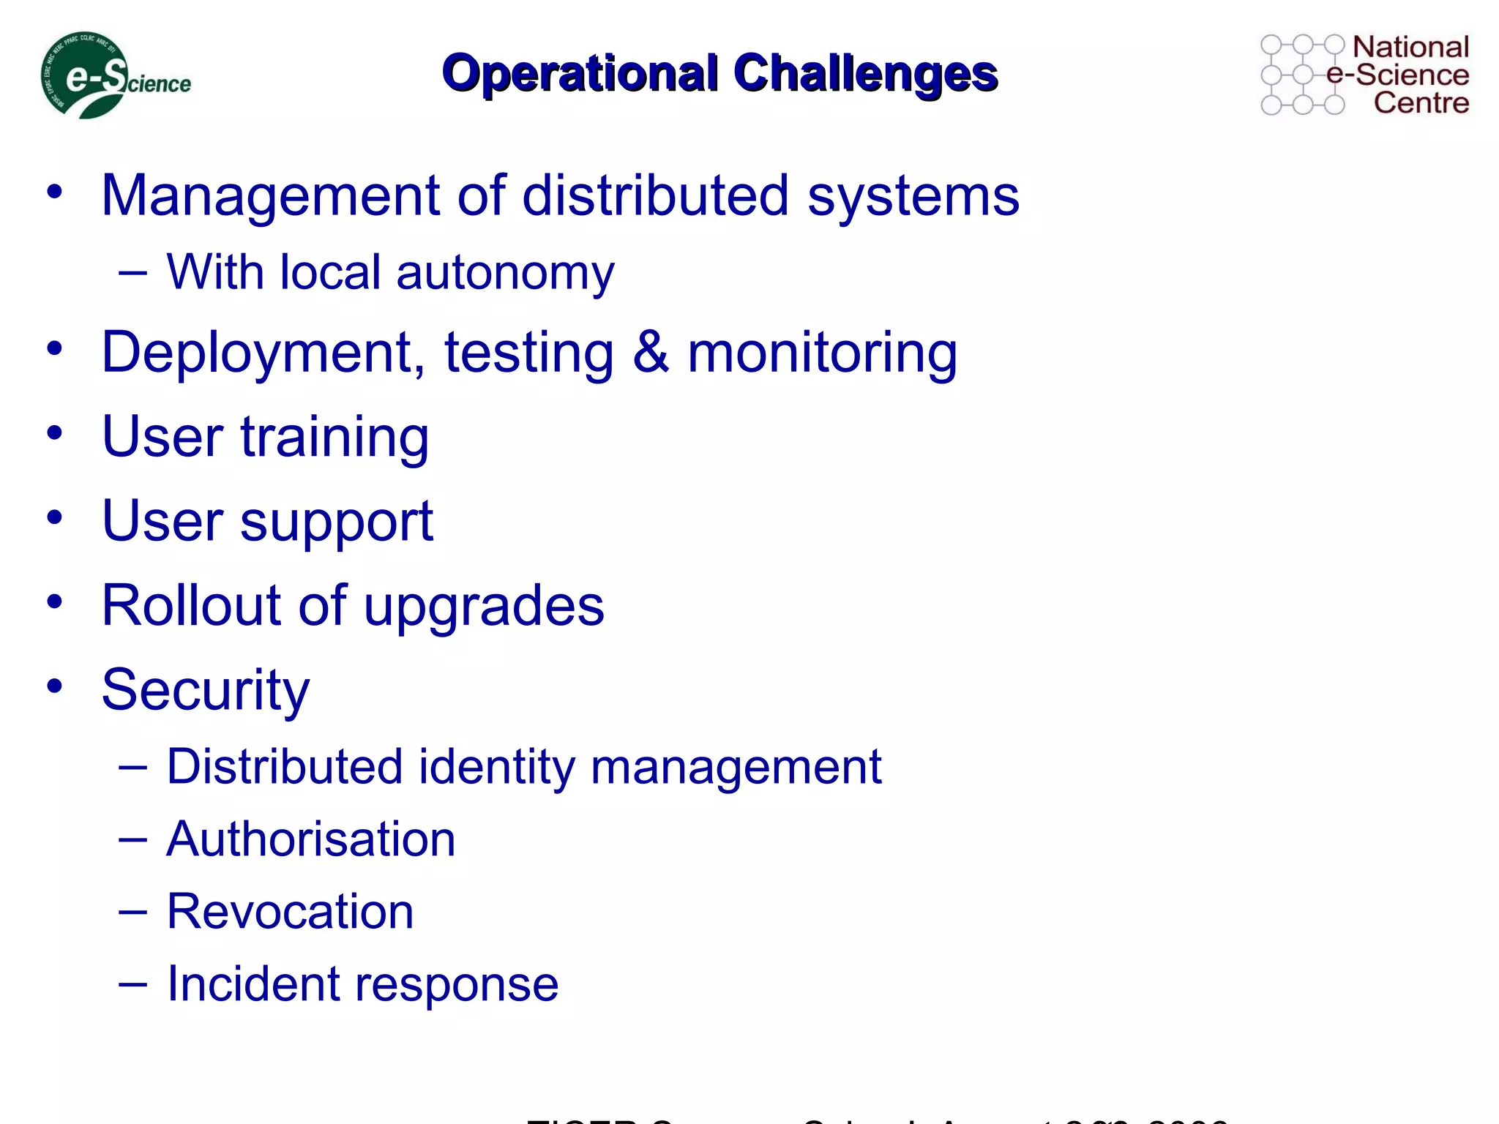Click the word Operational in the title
coord(580,73)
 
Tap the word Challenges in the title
coord(865,73)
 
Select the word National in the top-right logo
coord(1410,47)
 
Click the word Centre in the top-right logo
coord(1421,102)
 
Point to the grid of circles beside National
coord(1303,75)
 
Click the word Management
coord(271,196)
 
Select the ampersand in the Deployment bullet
coord(650,353)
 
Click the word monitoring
coord(822,353)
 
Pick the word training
coord(334,437)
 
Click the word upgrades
coord(484,607)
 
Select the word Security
coord(205,690)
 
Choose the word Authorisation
coord(310,839)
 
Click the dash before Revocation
coord(132,912)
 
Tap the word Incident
coord(253,983)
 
